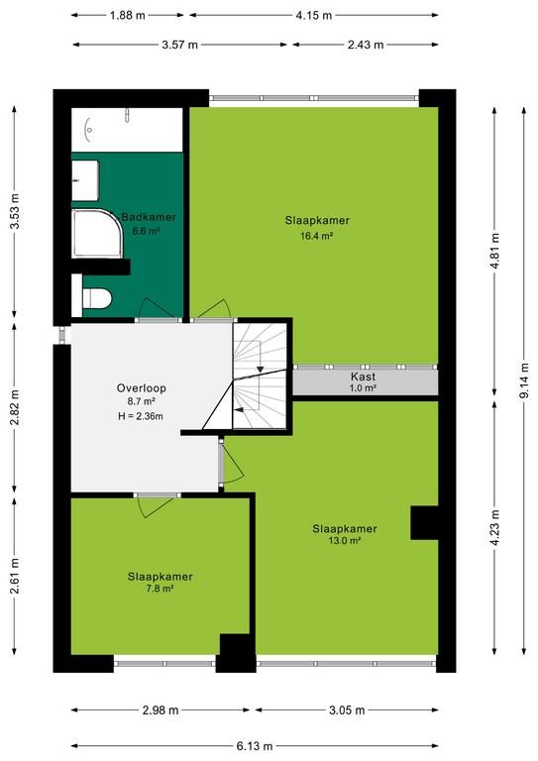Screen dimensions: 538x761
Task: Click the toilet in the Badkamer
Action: tap(96, 298)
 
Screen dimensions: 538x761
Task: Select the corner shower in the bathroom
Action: tap(97, 234)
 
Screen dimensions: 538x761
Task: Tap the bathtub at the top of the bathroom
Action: tap(127, 130)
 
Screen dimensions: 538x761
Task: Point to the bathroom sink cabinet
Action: tap(85, 180)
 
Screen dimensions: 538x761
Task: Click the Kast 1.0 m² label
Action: tap(364, 381)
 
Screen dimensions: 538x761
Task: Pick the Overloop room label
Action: tap(141, 388)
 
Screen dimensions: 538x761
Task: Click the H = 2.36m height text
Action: tap(141, 416)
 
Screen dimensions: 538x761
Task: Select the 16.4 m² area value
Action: tap(317, 237)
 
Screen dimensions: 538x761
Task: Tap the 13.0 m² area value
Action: tap(345, 541)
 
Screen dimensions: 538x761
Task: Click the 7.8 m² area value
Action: tap(161, 589)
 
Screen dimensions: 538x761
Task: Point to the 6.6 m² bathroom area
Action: tap(147, 231)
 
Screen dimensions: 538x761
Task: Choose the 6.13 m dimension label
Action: tap(256, 746)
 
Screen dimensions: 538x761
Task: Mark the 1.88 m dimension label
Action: tap(128, 15)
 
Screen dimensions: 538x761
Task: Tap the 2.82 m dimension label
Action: tap(15, 407)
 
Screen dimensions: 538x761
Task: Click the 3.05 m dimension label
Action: tap(347, 710)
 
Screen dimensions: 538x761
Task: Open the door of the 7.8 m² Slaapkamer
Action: tap(157, 504)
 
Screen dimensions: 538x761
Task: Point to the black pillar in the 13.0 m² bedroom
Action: tap(424, 523)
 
